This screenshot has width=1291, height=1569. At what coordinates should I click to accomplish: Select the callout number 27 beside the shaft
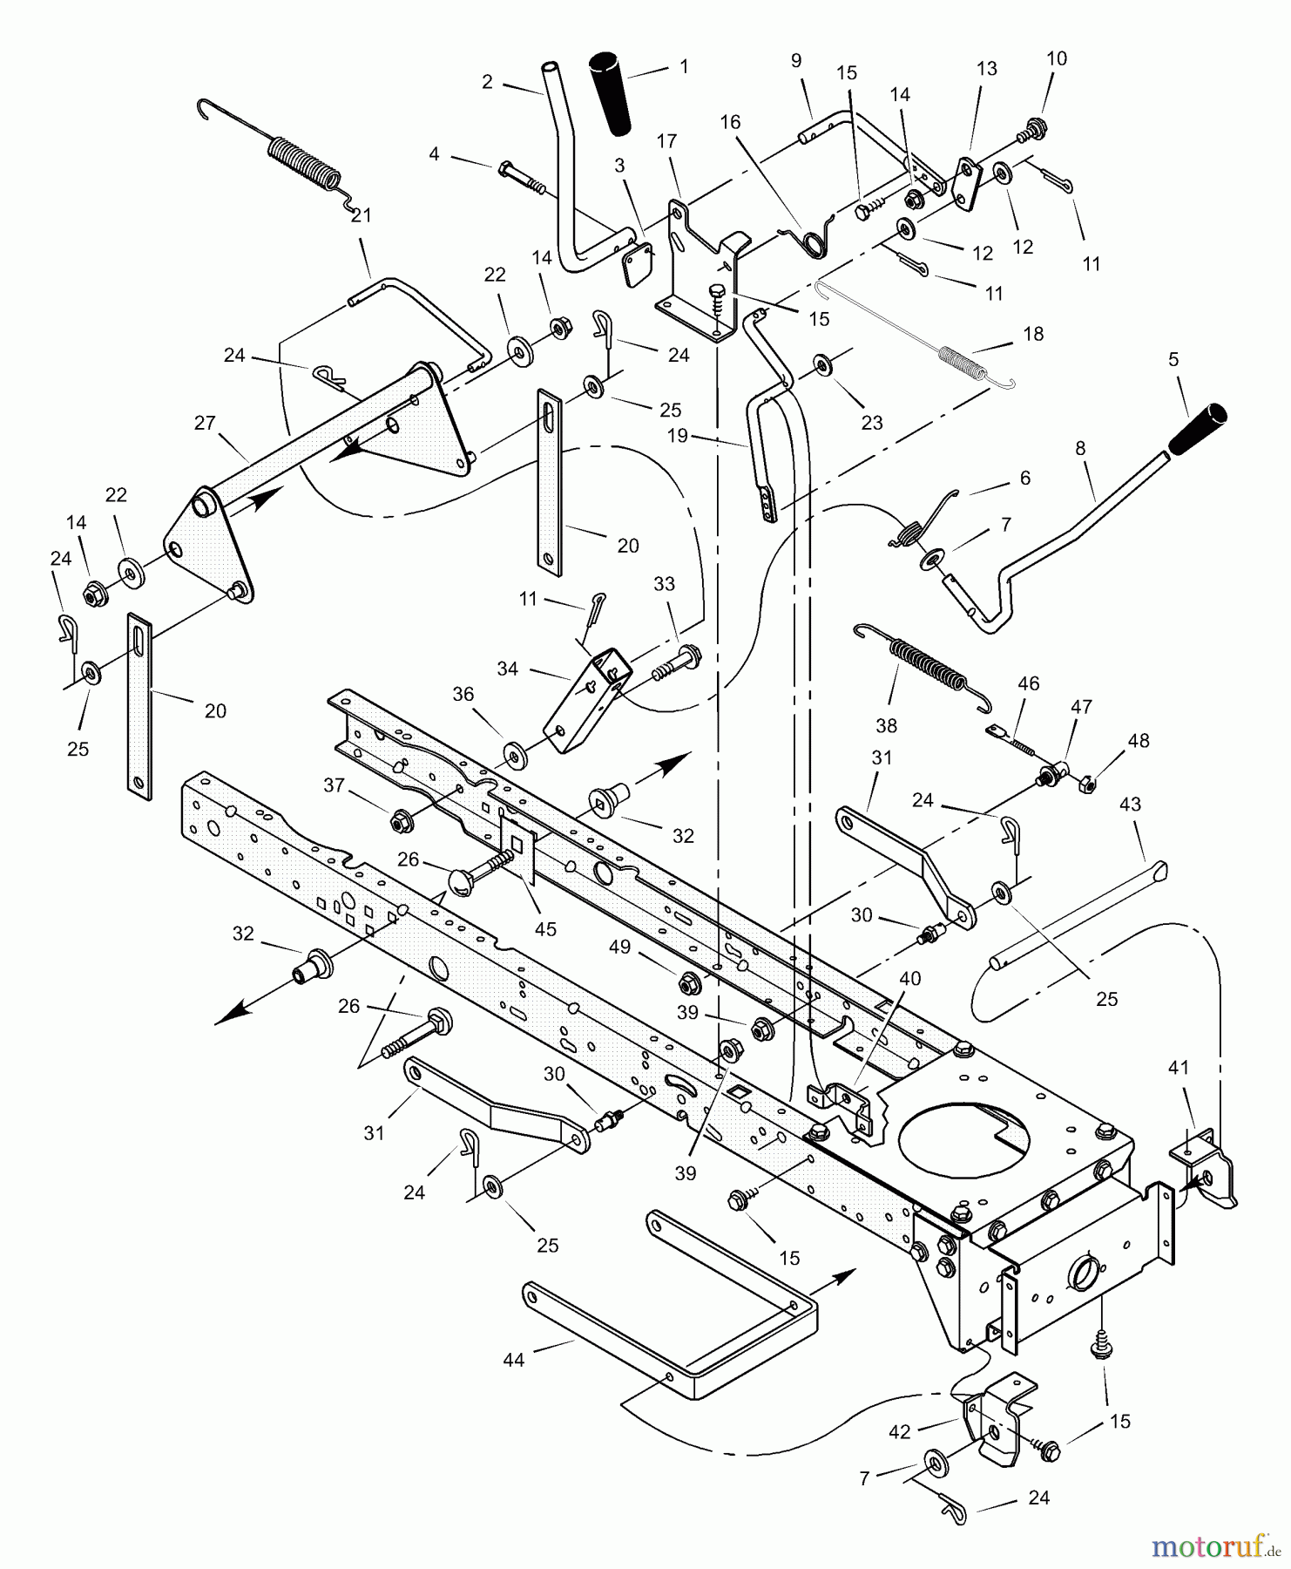[x=205, y=424]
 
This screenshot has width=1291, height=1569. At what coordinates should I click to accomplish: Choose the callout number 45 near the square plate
[x=545, y=929]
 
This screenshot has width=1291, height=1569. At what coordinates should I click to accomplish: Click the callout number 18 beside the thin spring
[x=1033, y=334]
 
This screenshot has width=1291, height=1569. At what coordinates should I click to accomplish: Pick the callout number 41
[x=1179, y=1067]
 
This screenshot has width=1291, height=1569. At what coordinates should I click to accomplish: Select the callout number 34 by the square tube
[x=507, y=669]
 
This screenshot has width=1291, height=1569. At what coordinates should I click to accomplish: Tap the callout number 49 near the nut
[x=619, y=946]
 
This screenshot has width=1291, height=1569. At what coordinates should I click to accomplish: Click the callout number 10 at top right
[x=1056, y=58]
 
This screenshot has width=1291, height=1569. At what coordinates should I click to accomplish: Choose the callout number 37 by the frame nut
[x=335, y=784]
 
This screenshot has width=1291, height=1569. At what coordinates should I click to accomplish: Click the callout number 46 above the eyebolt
[x=1029, y=683]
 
